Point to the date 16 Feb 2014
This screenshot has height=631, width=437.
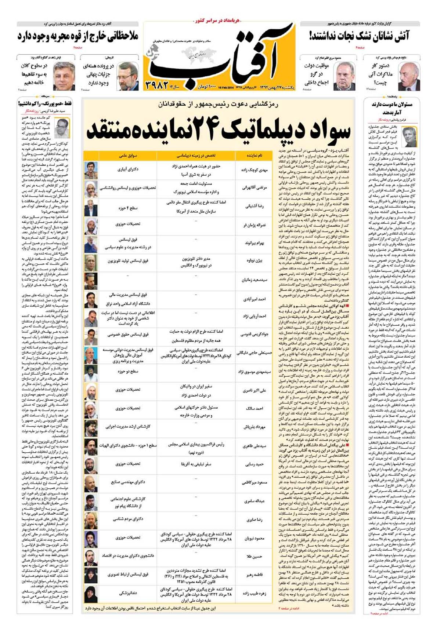(225, 87)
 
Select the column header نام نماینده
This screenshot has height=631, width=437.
(254, 156)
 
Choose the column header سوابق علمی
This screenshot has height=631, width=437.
(128, 156)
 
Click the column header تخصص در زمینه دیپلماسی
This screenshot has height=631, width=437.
(196, 156)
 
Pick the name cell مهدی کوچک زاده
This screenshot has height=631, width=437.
(254, 170)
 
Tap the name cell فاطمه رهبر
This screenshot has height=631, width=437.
(254, 575)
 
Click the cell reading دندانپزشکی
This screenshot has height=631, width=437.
(128, 593)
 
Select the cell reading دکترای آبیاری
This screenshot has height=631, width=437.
(128, 169)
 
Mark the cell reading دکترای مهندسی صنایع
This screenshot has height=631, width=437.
(128, 482)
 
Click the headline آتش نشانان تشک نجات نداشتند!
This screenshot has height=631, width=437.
(359, 36)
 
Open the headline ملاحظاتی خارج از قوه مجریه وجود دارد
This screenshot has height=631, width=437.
(78, 36)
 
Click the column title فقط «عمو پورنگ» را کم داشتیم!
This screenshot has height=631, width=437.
(45, 104)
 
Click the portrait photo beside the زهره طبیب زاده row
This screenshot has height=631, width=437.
(91, 593)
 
